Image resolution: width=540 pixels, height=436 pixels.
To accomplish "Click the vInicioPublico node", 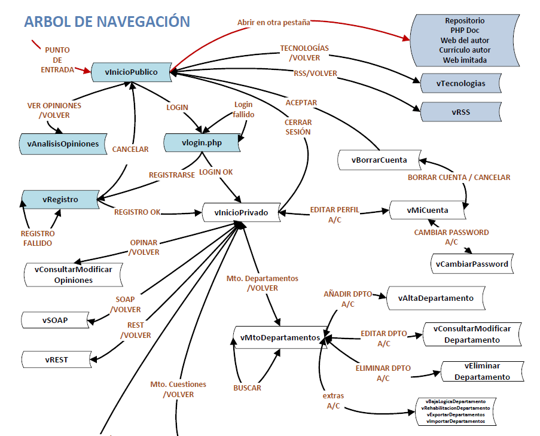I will tap(131, 72).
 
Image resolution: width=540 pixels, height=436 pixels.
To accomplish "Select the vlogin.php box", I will tap(202, 143).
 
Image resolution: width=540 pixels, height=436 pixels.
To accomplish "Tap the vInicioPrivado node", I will tap(241, 212).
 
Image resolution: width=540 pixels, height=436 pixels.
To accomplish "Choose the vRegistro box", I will tap(60, 199).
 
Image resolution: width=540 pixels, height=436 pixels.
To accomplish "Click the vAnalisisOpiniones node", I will tap(63, 144).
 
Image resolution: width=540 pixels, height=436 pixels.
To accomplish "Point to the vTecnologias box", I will tap(460, 83).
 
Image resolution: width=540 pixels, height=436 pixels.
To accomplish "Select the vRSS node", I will tap(460, 112).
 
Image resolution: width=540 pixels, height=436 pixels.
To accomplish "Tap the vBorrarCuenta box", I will tap(379, 160).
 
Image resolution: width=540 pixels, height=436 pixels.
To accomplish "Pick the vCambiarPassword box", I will tap(471, 264).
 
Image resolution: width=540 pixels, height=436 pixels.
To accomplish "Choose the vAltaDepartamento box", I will tap(435, 298).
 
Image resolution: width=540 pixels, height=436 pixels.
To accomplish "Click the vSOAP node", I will tap(55, 320).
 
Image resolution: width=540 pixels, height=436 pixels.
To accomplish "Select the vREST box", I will tap(55, 359).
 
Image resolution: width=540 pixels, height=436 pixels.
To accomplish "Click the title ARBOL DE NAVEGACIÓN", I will tap(107, 22).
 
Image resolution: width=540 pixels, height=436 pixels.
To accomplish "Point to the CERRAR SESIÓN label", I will tap(297, 127).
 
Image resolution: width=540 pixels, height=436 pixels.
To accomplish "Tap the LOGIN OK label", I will tap(216, 172).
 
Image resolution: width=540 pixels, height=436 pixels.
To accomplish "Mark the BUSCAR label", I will tap(247, 388).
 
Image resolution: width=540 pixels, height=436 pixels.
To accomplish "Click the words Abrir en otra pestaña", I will tap(273, 22).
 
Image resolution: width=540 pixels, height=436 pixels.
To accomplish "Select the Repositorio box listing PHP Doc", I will tap(465, 40).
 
